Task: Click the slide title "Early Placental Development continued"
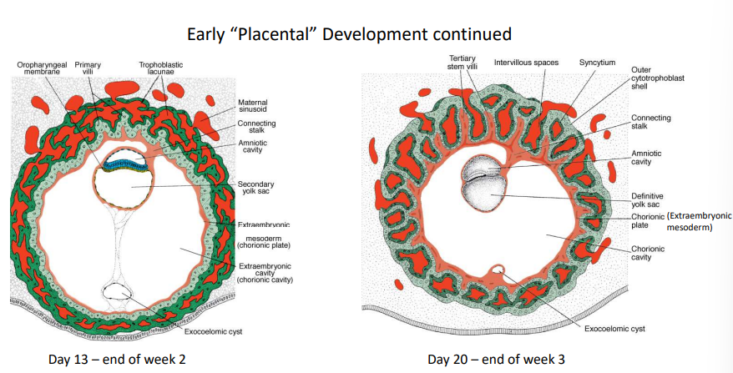tap(349, 34)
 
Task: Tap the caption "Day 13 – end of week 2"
tap(117, 360)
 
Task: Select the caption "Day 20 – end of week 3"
tap(496, 360)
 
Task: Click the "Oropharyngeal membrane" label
tap(42, 68)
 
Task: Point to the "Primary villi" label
tap(88, 68)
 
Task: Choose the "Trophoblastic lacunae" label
tap(161, 68)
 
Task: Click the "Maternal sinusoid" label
tap(253, 106)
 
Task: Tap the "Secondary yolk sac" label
tap(255, 188)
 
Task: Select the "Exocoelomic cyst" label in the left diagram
tap(213, 332)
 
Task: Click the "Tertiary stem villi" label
tap(463, 62)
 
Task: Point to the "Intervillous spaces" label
tap(527, 62)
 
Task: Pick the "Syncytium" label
tap(598, 62)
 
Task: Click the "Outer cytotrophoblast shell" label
tap(658, 78)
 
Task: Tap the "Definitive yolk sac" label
tap(648, 200)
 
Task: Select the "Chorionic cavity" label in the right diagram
tap(648, 253)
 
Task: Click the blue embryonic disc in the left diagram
tap(124, 162)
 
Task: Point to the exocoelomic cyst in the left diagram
tap(119, 292)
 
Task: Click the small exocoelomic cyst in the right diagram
tap(498, 270)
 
